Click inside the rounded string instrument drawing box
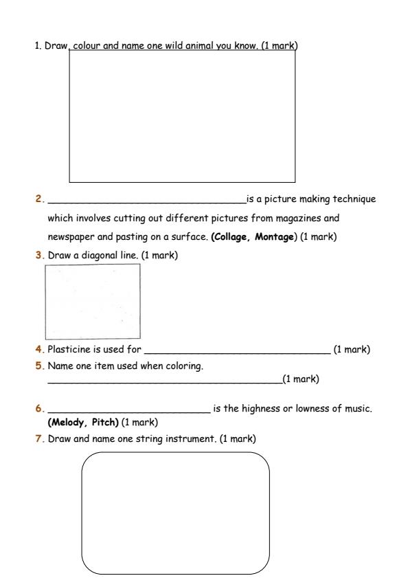pos(175,512)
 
